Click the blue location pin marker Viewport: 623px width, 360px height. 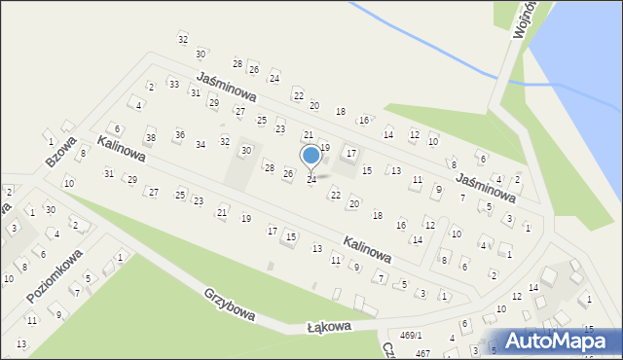tap(311, 156)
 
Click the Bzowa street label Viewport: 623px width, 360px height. tap(60, 152)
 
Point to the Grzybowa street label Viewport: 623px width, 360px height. tap(230, 305)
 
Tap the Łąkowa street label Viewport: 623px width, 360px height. tap(328, 328)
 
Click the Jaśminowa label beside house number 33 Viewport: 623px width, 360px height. tap(225, 88)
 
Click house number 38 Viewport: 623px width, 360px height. tap(150, 138)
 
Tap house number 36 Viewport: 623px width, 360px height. tap(179, 134)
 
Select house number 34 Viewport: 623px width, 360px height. tap(201, 144)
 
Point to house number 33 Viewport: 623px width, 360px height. tap(173, 85)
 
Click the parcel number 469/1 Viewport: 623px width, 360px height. tap(413, 335)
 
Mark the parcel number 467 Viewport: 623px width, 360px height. tap(422, 353)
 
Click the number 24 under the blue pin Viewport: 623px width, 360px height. tap(311, 180)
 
